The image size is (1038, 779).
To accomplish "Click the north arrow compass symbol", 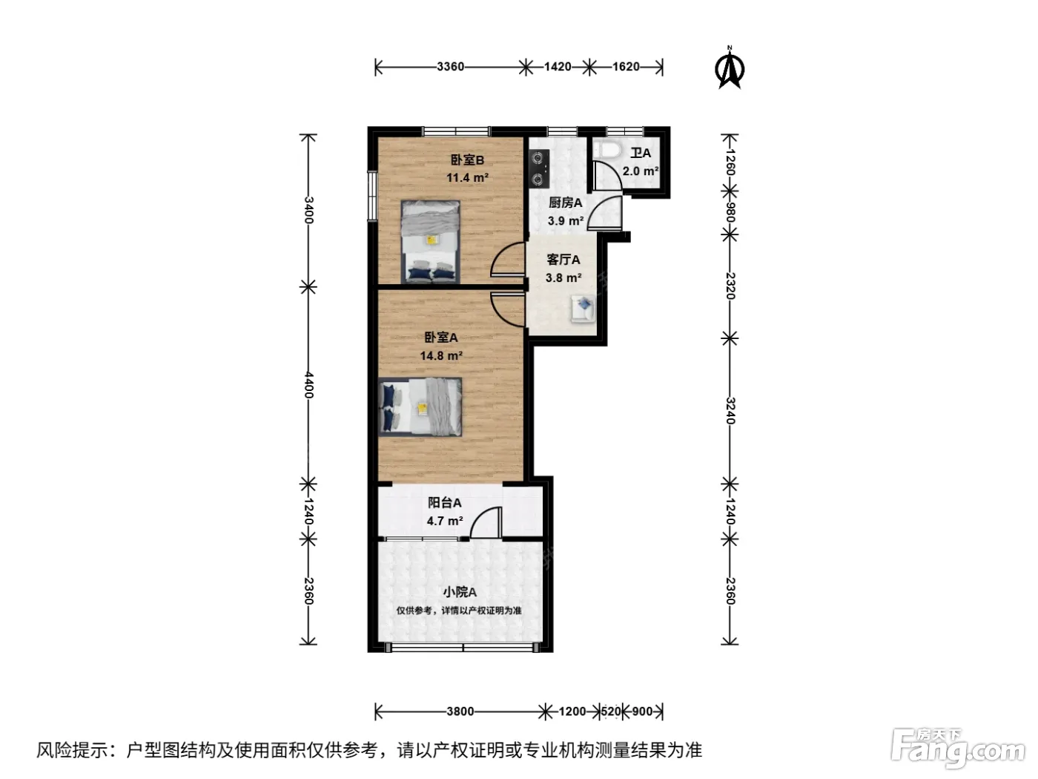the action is [729, 68].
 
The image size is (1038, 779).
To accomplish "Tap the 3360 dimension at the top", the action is [450, 67].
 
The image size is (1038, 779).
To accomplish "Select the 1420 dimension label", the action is [557, 67].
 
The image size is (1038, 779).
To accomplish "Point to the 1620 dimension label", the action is [625, 67].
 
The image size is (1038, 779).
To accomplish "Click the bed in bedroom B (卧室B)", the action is [430, 242].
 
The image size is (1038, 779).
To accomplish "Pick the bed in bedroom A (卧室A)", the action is [420, 407].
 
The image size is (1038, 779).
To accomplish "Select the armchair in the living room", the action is [583, 309].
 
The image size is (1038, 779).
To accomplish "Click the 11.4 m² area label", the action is [467, 178].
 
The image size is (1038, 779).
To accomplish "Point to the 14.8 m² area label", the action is [440, 355].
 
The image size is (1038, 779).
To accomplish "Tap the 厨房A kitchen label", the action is [565, 203].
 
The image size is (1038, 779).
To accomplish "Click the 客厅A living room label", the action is [563, 260].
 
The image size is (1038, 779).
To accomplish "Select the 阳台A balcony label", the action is [444, 503].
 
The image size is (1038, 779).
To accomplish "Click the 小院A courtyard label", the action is [459, 592].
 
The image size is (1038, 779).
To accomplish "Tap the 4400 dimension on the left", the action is [308, 384].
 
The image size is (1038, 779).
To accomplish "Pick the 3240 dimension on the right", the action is [730, 410].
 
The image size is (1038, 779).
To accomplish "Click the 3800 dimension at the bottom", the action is [460, 711].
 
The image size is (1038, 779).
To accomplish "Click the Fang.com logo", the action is [958, 749].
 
